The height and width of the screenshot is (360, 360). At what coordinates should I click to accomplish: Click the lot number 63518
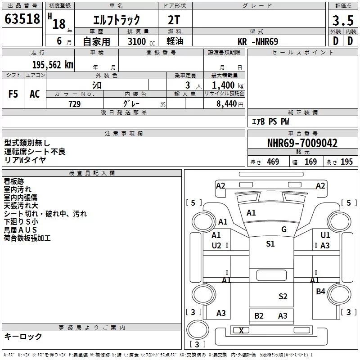point(22,20)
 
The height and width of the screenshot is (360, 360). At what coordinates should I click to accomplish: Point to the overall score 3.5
point(342,21)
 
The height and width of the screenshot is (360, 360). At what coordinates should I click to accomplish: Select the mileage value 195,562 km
point(53,65)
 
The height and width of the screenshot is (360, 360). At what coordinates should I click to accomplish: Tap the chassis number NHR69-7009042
point(302,144)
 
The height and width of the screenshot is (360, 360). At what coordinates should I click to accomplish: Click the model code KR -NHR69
point(258,41)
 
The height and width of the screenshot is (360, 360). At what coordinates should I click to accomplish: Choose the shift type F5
point(13,94)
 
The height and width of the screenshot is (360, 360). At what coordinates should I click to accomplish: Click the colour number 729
point(74,104)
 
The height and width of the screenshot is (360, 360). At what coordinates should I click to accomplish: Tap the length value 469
point(273,162)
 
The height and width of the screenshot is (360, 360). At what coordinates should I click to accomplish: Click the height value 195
point(346,162)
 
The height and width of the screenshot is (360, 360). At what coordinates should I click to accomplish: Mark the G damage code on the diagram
point(284,229)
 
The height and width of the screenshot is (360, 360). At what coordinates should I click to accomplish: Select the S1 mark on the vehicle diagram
point(270,244)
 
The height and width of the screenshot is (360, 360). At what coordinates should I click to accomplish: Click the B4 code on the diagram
point(320,292)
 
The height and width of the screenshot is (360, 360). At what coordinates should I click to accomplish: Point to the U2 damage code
point(216,245)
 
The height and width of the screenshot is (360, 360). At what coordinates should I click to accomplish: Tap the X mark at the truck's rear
point(241,331)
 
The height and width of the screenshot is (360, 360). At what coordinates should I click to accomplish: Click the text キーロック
point(23,337)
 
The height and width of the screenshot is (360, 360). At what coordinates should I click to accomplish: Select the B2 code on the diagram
point(259,316)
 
